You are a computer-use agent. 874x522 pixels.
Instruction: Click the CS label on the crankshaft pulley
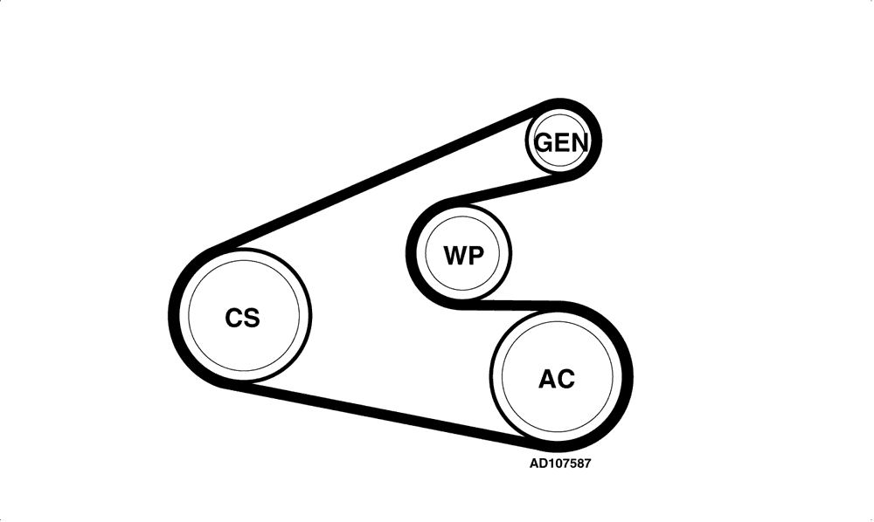click(242, 318)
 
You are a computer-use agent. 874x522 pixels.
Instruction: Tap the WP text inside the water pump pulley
click(464, 256)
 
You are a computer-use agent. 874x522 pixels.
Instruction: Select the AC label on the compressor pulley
click(556, 379)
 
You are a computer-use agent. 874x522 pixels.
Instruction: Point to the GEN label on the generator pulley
click(561, 142)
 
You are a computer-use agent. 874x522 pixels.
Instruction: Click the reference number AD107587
click(559, 463)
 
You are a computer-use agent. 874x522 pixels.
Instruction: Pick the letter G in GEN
click(544, 142)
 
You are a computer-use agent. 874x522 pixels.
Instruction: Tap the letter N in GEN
click(579, 142)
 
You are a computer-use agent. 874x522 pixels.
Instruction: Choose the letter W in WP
click(455, 256)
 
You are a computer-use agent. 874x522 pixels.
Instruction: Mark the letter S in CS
click(252, 318)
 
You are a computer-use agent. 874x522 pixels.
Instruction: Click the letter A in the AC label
click(547, 379)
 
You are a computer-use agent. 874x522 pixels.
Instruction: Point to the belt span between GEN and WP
click(510, 189)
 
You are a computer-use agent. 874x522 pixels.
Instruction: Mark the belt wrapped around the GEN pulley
click(596, 139)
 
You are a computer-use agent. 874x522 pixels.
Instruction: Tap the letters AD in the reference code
click(537, 463)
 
